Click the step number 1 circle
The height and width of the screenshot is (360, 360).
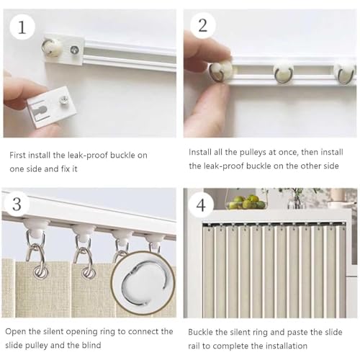tap(22, 27)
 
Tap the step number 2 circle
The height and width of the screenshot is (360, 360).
tap(203, 26)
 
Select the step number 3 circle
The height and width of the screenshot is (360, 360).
tap(17, 204)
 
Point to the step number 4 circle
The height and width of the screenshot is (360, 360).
tap(201, 205)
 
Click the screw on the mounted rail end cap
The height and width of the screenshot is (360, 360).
tap(74, 50)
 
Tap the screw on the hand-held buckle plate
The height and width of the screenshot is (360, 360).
tap(64, 99)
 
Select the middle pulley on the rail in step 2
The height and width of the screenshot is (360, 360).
tap(284, 73)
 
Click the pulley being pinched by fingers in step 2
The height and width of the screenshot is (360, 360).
tap(220, 71)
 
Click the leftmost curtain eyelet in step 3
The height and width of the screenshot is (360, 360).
tap(41, 271)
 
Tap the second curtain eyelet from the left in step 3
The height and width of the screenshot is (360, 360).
tap(88, 272)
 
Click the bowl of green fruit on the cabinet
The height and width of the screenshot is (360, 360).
tap(247, 204)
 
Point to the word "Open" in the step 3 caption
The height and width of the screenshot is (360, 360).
tap(16, 332)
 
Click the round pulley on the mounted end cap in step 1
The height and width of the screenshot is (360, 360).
tap(51, 48)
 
